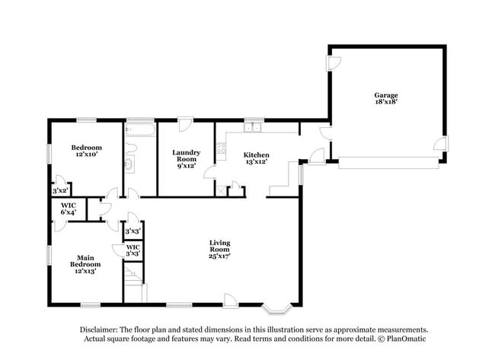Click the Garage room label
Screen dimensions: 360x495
[x=385, y=95]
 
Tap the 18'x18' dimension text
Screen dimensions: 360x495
[x=385, y=102]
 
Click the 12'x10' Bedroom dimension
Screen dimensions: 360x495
[x=87, y=155]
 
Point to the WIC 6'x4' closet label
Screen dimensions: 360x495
[x=68, y=209]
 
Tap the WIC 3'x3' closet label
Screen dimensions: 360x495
[x=133, y=250]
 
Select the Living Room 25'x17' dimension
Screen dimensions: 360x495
[x=219, y=256]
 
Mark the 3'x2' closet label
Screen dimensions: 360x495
[x=61, y=190]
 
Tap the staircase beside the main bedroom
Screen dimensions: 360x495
[x=133, y=278]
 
